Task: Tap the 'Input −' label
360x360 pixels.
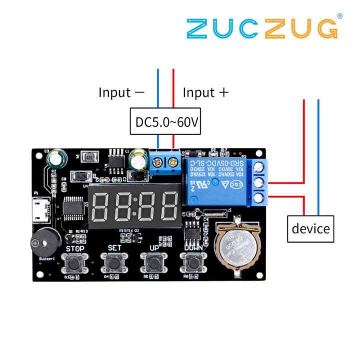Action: (121, 92)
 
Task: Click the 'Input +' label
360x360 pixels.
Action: (205, 92)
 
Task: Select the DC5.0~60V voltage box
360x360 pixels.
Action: (165, 121)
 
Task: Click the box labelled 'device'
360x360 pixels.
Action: (310, 228)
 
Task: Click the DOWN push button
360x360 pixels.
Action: (192, 261)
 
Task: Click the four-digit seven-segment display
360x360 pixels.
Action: (134, 203)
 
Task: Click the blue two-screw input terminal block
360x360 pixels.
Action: (166, 163)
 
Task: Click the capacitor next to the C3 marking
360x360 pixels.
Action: (55, 159)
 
